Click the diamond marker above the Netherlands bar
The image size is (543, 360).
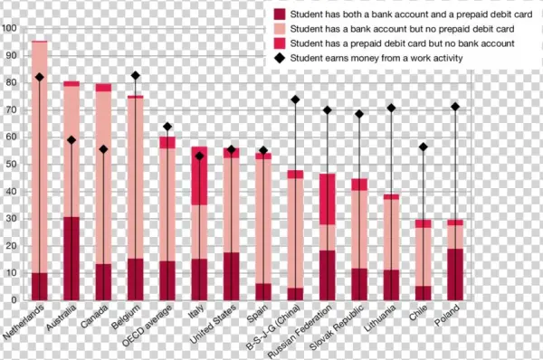click(x=39, y=78)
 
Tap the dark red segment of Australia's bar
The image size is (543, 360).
click(x=71, y=258)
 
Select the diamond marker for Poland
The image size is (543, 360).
click(x=454, y=107)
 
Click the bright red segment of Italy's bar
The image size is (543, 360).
click(x=199, y=175)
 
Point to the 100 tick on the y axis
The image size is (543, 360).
click(x=10, y=28)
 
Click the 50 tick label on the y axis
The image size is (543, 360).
click(x=10, y=165)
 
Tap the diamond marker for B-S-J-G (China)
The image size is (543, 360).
click(x=295, y=99)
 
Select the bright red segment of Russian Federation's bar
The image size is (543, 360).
click(x=328, y=198)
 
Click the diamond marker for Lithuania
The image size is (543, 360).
click(x=391, y=109)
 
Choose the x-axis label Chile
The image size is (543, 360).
click(x=414, y=317)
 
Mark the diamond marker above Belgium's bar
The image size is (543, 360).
click(x=135, y=76)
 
